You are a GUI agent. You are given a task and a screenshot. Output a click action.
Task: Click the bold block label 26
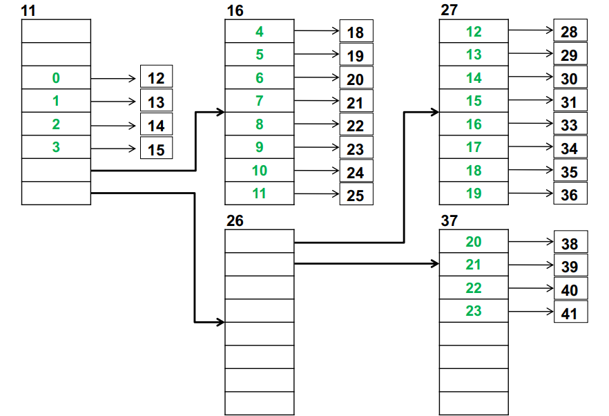pyautogui.click(x=235, y=221)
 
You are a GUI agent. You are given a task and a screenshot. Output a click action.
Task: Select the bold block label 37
pyautogui.click(x=449, y=221)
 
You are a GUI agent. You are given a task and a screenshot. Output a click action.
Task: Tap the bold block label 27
pyautogui.click(x=449, y=10)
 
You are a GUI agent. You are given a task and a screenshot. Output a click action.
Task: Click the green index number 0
pyautogui.click(x=56, y=78)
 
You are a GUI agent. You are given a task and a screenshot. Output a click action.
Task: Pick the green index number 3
pyautogui.click(x=56, y=147)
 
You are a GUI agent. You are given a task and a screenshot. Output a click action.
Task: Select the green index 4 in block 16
pyautogui.click(x=260, y=31)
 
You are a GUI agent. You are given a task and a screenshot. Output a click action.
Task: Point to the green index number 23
pyautogui.click(x=474, y=311)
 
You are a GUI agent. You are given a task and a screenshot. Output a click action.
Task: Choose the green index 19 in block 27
pyautogui.click(x=474, y=193)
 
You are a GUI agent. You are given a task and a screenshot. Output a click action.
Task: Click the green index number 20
pyautogui.click(x=474, y=242)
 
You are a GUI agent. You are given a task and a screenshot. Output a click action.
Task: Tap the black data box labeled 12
pyautogui.click(x=156, y=78)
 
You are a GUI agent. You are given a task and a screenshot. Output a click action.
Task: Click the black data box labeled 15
pyautogui.click(x=156, y=149)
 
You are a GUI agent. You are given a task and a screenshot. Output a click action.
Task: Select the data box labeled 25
pyautogui.click(x=356, y=195)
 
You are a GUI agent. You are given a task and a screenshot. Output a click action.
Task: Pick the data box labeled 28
pyautogui.click(x=570, y=32)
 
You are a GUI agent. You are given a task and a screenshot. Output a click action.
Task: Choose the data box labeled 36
pyautogui.click(x=570, y=195)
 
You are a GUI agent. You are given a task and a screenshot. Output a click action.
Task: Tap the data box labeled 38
pyautogui.click(x=570, y=243)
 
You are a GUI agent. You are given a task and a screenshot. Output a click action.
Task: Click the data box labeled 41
pyautogui.click(x=570, y=312)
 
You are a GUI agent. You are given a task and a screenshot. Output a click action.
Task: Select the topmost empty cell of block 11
pyautogui.click(x=56, y=31)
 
